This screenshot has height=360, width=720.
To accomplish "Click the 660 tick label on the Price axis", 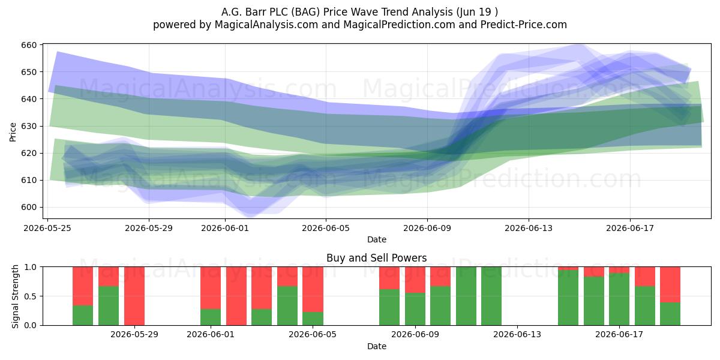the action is point(29,45).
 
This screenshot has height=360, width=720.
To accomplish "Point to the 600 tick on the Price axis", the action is point(29,208).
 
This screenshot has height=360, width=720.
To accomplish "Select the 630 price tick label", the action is point(29,126).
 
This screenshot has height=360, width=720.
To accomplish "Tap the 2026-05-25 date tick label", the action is point(47,228).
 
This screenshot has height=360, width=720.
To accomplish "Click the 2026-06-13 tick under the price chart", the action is point(529,228).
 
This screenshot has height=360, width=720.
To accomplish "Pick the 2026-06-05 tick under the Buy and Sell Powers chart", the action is point(313,335).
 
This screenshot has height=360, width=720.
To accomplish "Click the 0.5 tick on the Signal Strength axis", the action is point(31,296).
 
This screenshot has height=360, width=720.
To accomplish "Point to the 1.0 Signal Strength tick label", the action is point(31,267).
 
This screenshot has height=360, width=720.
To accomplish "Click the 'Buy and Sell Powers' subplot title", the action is point(376,258).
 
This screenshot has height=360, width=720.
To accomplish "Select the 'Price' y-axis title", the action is point(13,132).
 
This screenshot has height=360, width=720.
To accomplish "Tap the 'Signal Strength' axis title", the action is point(15,296).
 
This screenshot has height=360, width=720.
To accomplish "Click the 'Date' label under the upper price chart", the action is point(377,239).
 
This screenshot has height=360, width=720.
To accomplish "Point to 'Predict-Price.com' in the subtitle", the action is point(524,25).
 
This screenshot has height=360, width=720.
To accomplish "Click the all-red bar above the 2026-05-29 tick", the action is point(134,296).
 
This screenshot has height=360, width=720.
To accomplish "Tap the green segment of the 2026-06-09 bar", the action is point(415,309).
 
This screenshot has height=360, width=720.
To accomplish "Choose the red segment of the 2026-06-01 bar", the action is point(211,288).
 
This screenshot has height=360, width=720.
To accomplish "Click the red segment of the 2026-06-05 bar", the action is point(313,289).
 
